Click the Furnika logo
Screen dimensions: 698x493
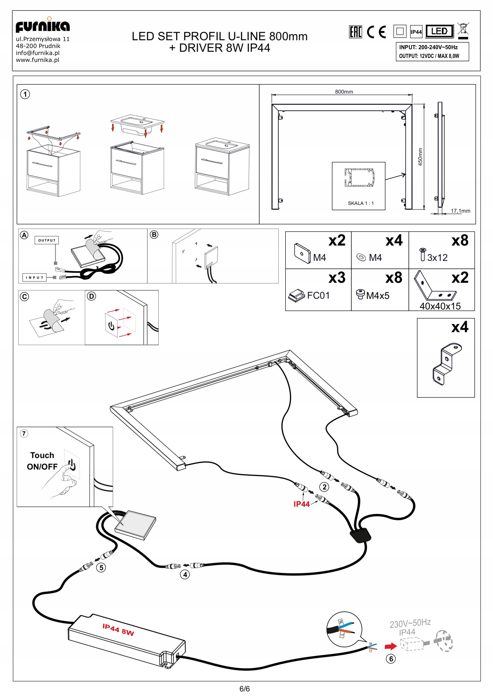(42, 26)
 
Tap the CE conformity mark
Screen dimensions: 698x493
(376, 32)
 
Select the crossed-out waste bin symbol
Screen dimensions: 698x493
(463, 30)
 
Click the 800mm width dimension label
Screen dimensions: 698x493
(344, 92)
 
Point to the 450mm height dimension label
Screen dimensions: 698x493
(420, 157)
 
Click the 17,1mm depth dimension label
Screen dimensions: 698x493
(460, 211)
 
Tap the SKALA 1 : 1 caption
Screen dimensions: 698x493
(361, 203)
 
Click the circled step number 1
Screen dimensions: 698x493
(25, 94)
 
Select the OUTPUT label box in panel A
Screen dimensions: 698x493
(47, 240)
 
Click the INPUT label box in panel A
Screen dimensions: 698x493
(35, 277)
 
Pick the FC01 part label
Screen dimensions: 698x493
(318, 295)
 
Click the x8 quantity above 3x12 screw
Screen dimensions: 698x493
(460, 240)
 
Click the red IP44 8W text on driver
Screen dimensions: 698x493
(118, 630)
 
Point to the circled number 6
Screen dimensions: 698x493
(391, 659)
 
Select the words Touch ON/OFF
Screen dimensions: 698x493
(42, 461)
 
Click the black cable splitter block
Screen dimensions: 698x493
(360, 535)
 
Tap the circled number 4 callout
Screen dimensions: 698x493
(185, 574)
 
